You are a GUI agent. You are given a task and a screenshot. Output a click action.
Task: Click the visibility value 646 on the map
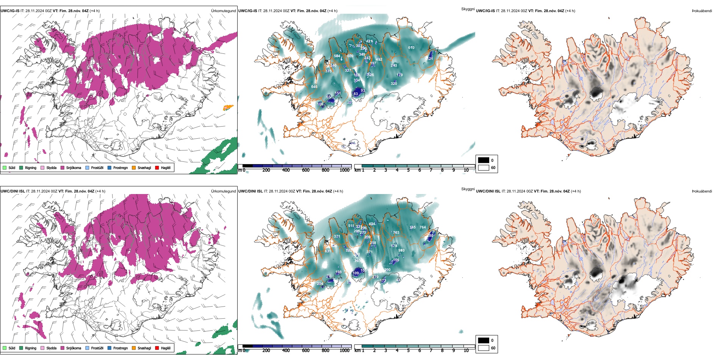(x=314, y=87)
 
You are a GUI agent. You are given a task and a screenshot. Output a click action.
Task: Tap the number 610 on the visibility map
(x=411, y=48)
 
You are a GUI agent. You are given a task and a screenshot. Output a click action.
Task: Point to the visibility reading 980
(x=401, y=250)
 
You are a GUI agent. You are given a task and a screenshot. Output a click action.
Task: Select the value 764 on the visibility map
(x=423, y=227)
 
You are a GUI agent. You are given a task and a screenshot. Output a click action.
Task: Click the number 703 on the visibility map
(x=396, y=233)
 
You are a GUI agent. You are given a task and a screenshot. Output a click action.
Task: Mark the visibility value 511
(x=351, y=226)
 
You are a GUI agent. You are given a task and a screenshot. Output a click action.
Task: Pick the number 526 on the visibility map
(x=371, y=75)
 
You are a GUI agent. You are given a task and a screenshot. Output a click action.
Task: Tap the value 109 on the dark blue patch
(x=355, y=273)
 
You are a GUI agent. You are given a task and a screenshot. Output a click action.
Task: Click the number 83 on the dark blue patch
(x=355, y=94)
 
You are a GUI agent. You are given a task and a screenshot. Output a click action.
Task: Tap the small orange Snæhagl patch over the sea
(x=228, y=108)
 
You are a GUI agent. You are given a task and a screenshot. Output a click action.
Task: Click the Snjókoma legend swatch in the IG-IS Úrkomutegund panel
(x=62, y=167)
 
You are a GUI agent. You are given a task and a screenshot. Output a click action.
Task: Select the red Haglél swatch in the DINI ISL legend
(x=157, y=348)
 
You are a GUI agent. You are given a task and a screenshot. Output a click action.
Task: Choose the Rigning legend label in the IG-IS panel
(x=31, y=167)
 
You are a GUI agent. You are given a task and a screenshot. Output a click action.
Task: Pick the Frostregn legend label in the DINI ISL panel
(x=120, y=348)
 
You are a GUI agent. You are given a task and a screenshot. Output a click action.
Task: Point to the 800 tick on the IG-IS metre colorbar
(x=325, y=170)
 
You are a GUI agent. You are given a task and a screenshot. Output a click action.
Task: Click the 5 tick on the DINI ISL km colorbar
(x=408, y=351)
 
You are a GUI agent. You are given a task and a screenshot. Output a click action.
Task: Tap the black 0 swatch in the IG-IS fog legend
(x=484, y=160)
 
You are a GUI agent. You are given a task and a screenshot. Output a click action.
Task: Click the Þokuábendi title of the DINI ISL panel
(x=701, y=191)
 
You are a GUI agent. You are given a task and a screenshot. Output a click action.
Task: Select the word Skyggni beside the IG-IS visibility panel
(x=468, y=9)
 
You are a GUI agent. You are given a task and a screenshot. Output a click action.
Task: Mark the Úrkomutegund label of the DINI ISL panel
(x=223, y=191)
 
